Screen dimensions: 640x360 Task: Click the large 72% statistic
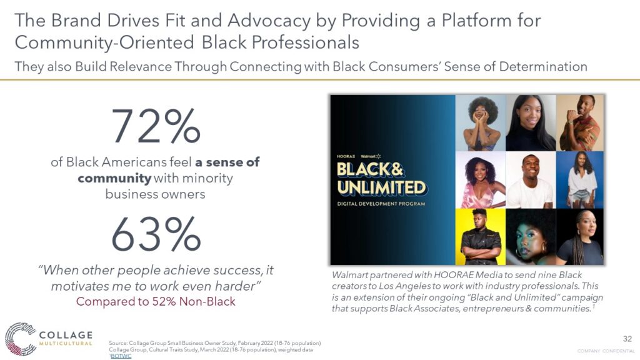(x=156, y=126)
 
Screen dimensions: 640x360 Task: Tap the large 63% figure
(x=156, y=234)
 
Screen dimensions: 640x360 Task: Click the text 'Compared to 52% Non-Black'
(x=156, y=302)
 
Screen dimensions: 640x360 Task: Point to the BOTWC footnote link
(x=121, y=356)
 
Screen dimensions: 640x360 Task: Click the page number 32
(x=627, y=339)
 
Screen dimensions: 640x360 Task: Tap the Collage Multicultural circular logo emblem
(x=21, y=339)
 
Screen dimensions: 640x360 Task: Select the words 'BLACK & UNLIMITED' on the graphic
(x=381, y=179)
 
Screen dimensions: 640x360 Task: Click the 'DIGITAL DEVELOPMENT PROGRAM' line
(x=381, y=204)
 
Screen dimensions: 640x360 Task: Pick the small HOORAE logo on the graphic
(x=346, y=156)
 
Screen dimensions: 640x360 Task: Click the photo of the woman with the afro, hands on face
(x=481, y=123)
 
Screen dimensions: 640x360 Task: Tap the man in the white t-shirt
(x=531, y=180)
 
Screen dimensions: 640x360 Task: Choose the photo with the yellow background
(x=481, y=237)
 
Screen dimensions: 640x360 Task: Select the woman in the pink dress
(x=481, y=180)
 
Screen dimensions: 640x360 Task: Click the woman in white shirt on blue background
(x=580, y=180)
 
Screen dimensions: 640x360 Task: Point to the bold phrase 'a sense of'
(x=227, y=162)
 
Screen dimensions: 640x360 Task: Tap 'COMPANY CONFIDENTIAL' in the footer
(x=606, y=351)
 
